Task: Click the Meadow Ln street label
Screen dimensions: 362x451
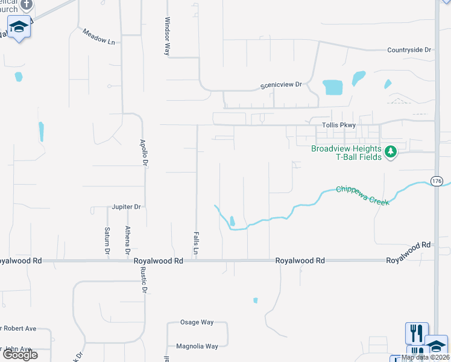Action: tap(98, 37)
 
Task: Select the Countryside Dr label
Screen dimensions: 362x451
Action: tap(409, 51)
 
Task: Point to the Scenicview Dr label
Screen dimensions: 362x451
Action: tap(280, 85)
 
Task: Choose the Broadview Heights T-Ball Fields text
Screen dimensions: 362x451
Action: tap(346, 153)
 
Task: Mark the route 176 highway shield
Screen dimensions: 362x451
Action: tap(437, 180)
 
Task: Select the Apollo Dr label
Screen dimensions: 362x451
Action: tap(144, 153)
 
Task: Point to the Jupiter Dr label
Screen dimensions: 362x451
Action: tap(126, 207)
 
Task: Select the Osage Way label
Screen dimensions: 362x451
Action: tap(197, 322)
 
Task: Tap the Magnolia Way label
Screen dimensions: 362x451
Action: tap(197, 346)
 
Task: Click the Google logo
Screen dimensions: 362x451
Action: tap(20, 355)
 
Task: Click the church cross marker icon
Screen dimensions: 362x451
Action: tap(25, 5)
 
